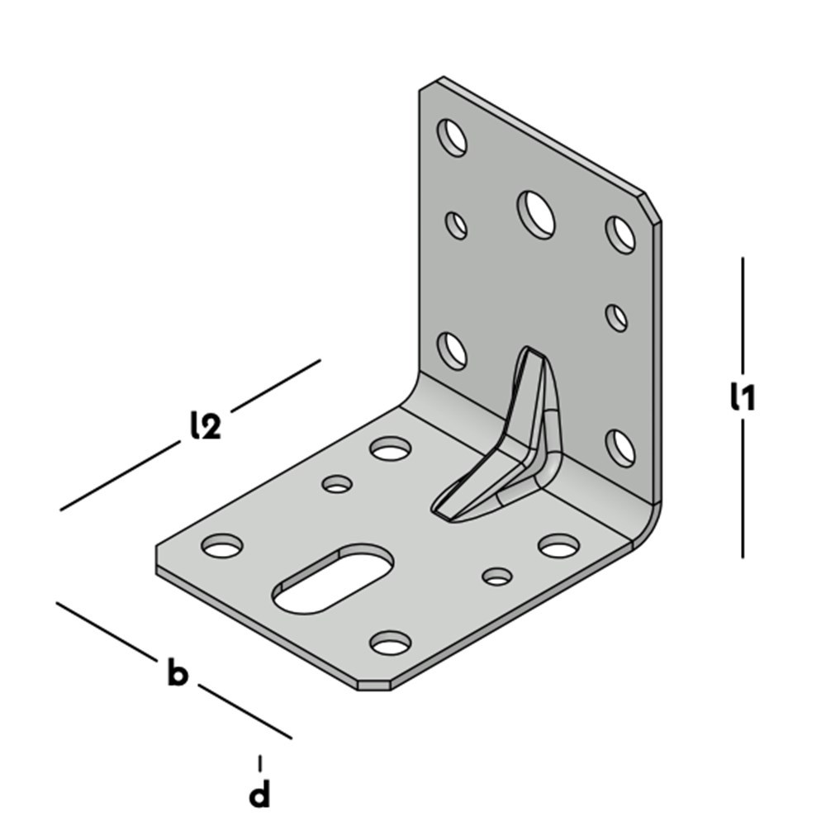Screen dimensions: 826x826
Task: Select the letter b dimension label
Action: [x=178, y=671]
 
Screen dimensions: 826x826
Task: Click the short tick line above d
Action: [x=259, y=763]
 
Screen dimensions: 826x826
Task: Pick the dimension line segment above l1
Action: [x=743, y=315]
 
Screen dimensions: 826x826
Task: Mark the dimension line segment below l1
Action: [x=743, y=488]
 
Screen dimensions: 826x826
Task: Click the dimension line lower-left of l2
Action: [x=120, y=477]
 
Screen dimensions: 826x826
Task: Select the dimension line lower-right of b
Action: [x=245, y=712]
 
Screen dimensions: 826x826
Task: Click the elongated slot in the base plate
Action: [x=332, y=578]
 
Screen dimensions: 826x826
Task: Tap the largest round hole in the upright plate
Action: [x=536, y=215]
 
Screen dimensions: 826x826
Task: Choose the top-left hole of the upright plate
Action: [x=452, y=137]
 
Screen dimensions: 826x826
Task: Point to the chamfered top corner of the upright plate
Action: [x=653, y=209]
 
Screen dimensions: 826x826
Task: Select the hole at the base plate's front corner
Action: [x=391, y=643]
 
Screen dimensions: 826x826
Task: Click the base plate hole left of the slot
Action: [x=221, y=546]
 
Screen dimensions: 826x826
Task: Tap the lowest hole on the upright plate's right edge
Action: [x=620, y=449]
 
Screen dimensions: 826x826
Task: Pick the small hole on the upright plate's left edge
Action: [x=456, y=225]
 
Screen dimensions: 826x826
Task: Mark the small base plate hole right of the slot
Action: [x=496, y=577]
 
